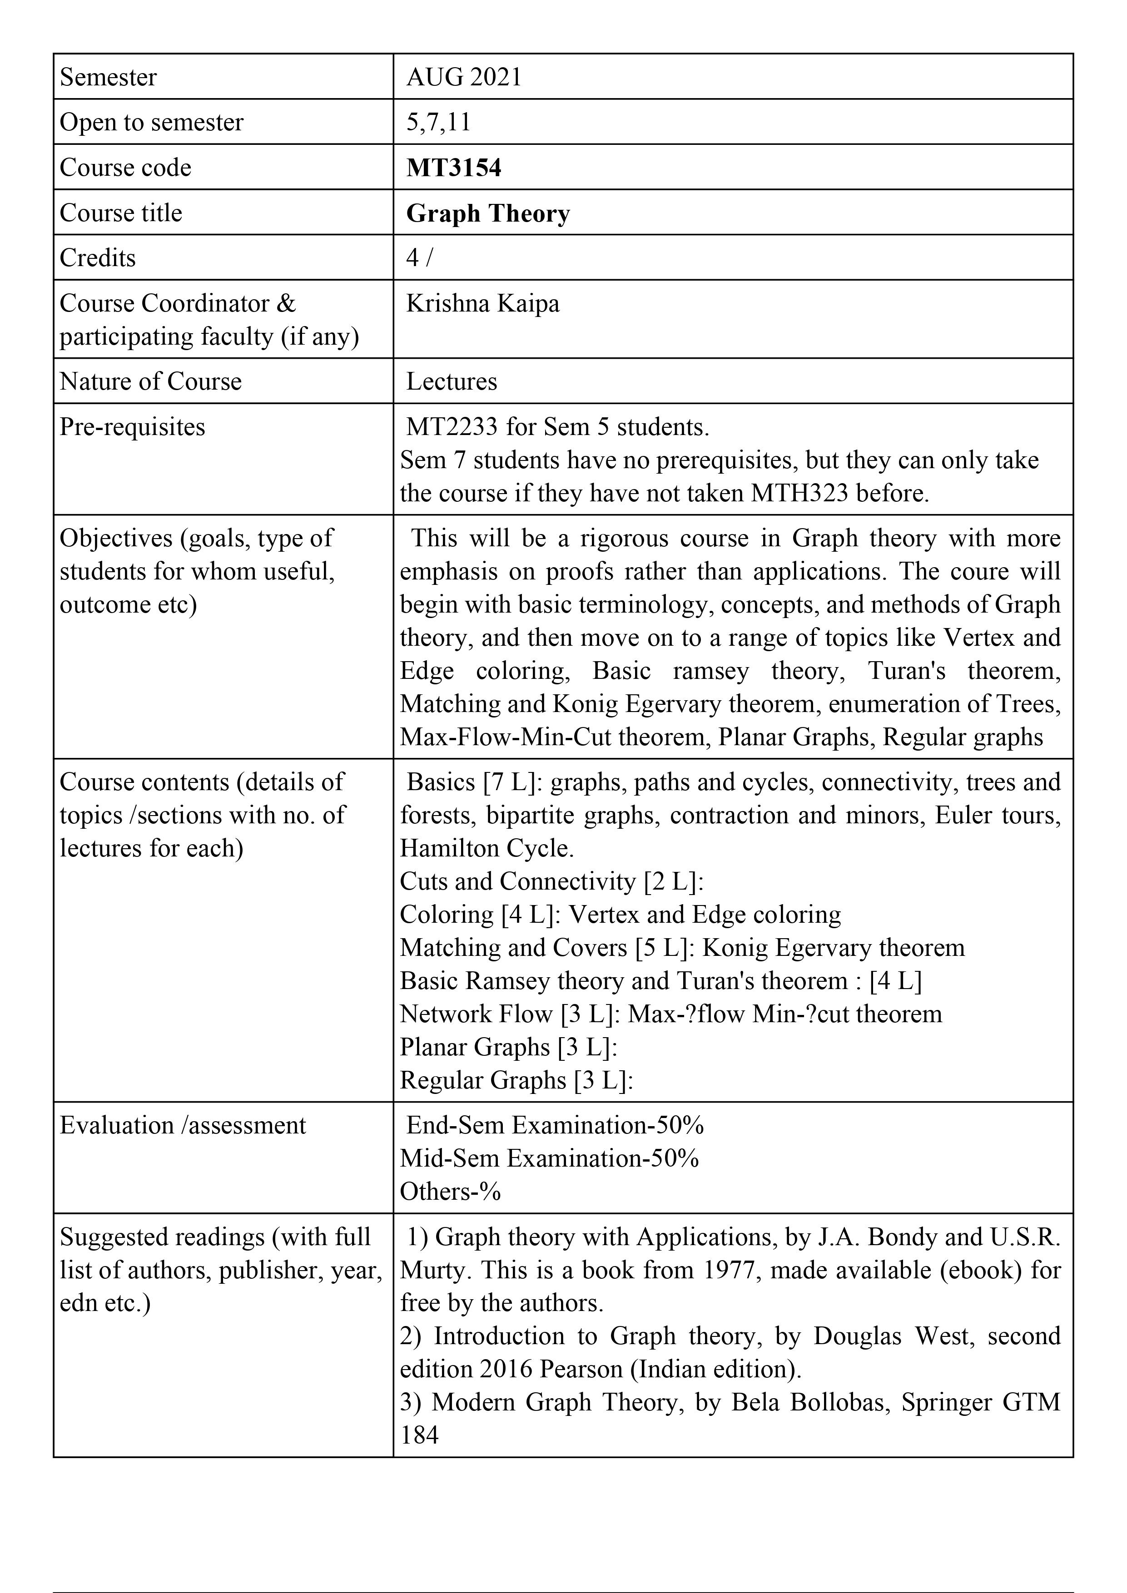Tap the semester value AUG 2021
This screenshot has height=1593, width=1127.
tap(464, 77)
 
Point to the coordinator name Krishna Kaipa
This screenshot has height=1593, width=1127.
tap(482, 303)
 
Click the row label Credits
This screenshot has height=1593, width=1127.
tap(98, 258)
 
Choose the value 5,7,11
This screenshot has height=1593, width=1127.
tap(439, 122)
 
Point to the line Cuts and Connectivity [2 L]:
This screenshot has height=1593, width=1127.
tap(552, 881)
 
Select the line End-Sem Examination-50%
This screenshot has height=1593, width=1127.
tap(555, 1125)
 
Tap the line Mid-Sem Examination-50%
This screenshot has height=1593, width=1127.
tap(549, 1158)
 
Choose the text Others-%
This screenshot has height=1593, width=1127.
tap(450, 1191)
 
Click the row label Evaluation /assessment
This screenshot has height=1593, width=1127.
tap(183, 1125)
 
